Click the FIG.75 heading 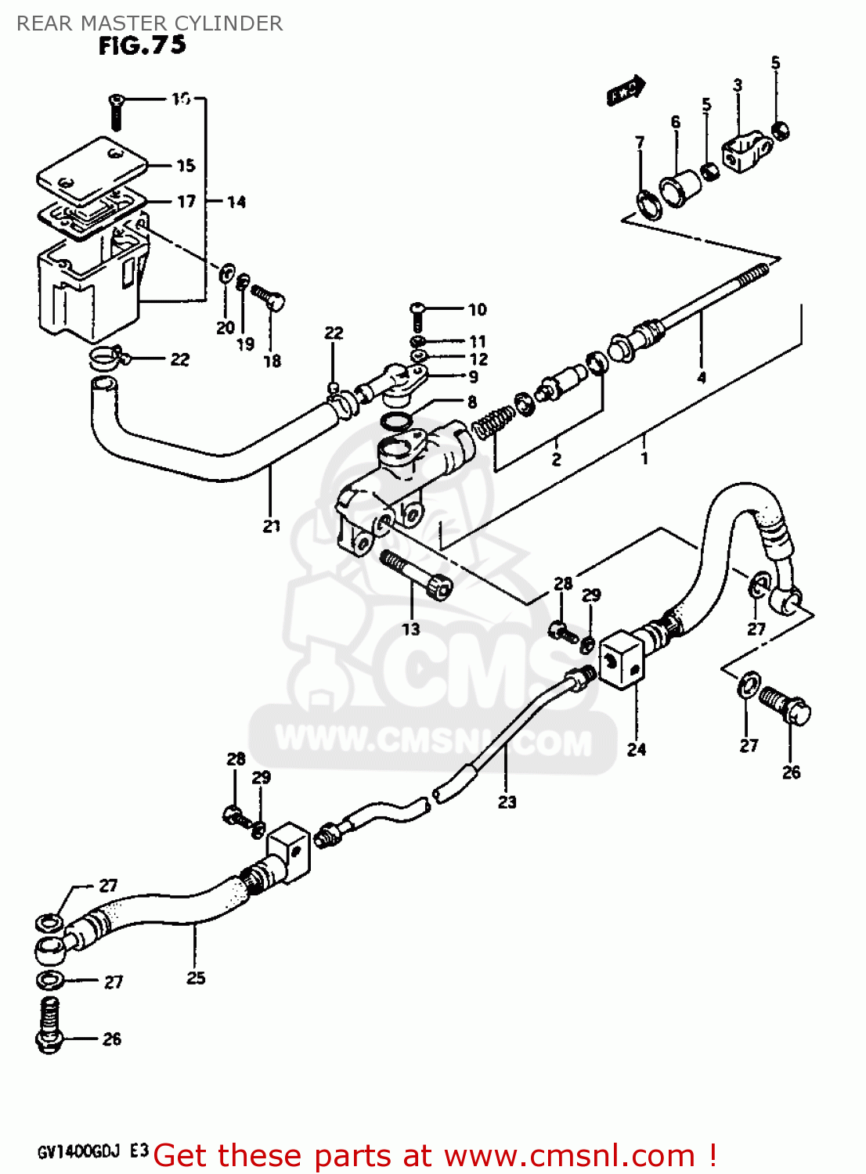tap(143, 46)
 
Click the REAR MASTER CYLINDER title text tap(150, 23)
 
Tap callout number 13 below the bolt tap(411, 628)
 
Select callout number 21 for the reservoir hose tap(271, 526)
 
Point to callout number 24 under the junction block tap(636, 749)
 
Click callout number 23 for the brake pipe tap(507, 801)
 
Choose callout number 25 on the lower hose tap(196, 978)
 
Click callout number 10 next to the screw tap(477, 310)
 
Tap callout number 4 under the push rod tap(702, 377)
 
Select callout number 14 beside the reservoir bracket tap(236, 202)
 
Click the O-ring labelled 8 tap(397, 423)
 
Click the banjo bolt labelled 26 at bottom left tap(49, 1025)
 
